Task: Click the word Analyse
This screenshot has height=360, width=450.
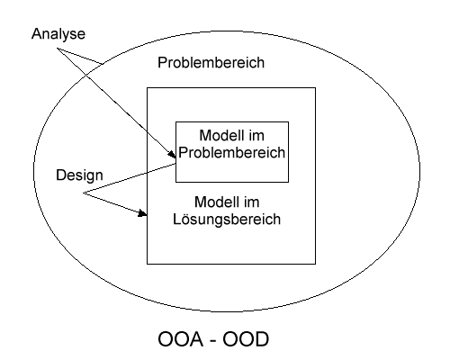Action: coord(58,34)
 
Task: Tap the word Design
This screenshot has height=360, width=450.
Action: coord(79,175)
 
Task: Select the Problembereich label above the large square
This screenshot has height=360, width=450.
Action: coord(211,63)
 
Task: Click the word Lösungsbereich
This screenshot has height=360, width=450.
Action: coord(227,219)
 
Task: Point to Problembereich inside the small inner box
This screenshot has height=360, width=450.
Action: coord(231,152)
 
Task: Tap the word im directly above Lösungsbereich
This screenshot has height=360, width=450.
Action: coord(251,202)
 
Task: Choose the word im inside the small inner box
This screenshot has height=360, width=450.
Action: coord(256,135)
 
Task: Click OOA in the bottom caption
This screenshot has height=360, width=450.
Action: coord(180,339)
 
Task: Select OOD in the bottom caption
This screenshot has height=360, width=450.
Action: coord(246,339)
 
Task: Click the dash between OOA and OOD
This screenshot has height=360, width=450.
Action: coord(212,341)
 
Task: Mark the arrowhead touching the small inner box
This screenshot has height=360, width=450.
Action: coord(172,154)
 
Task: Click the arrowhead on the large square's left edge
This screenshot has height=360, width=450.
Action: coord(142,213)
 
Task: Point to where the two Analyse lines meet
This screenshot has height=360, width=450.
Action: coord(57,49)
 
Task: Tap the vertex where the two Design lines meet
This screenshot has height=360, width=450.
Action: coord(83,193)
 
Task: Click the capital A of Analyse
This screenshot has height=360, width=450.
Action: coord(36,33)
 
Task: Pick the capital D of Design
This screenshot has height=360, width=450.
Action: coord(61,175)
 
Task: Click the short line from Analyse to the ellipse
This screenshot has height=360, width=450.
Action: coord(80,56)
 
